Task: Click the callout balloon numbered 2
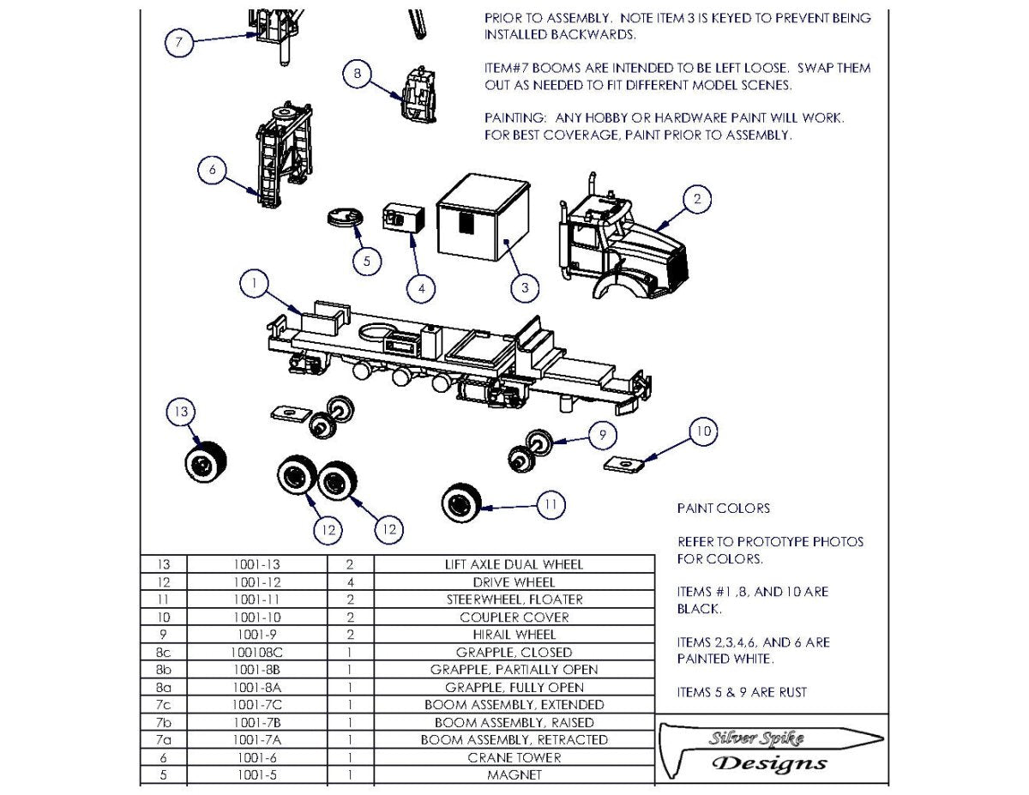click(697, 200)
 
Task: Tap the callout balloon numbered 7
click(178, 42)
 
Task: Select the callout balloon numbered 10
click(703, 431)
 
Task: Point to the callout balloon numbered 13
click(181, 413)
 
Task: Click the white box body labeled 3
click(484, 217)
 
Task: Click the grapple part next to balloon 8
click(420, 94)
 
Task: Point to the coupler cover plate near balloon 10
click(624, 464)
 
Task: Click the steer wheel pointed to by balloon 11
click(460, 500)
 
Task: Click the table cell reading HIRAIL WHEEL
click(514, 635)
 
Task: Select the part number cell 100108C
click(256, 652)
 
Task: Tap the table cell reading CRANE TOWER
click(514, 757)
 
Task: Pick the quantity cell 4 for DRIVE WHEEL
click(351, 582)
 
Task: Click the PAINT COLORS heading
click(723, 509)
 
